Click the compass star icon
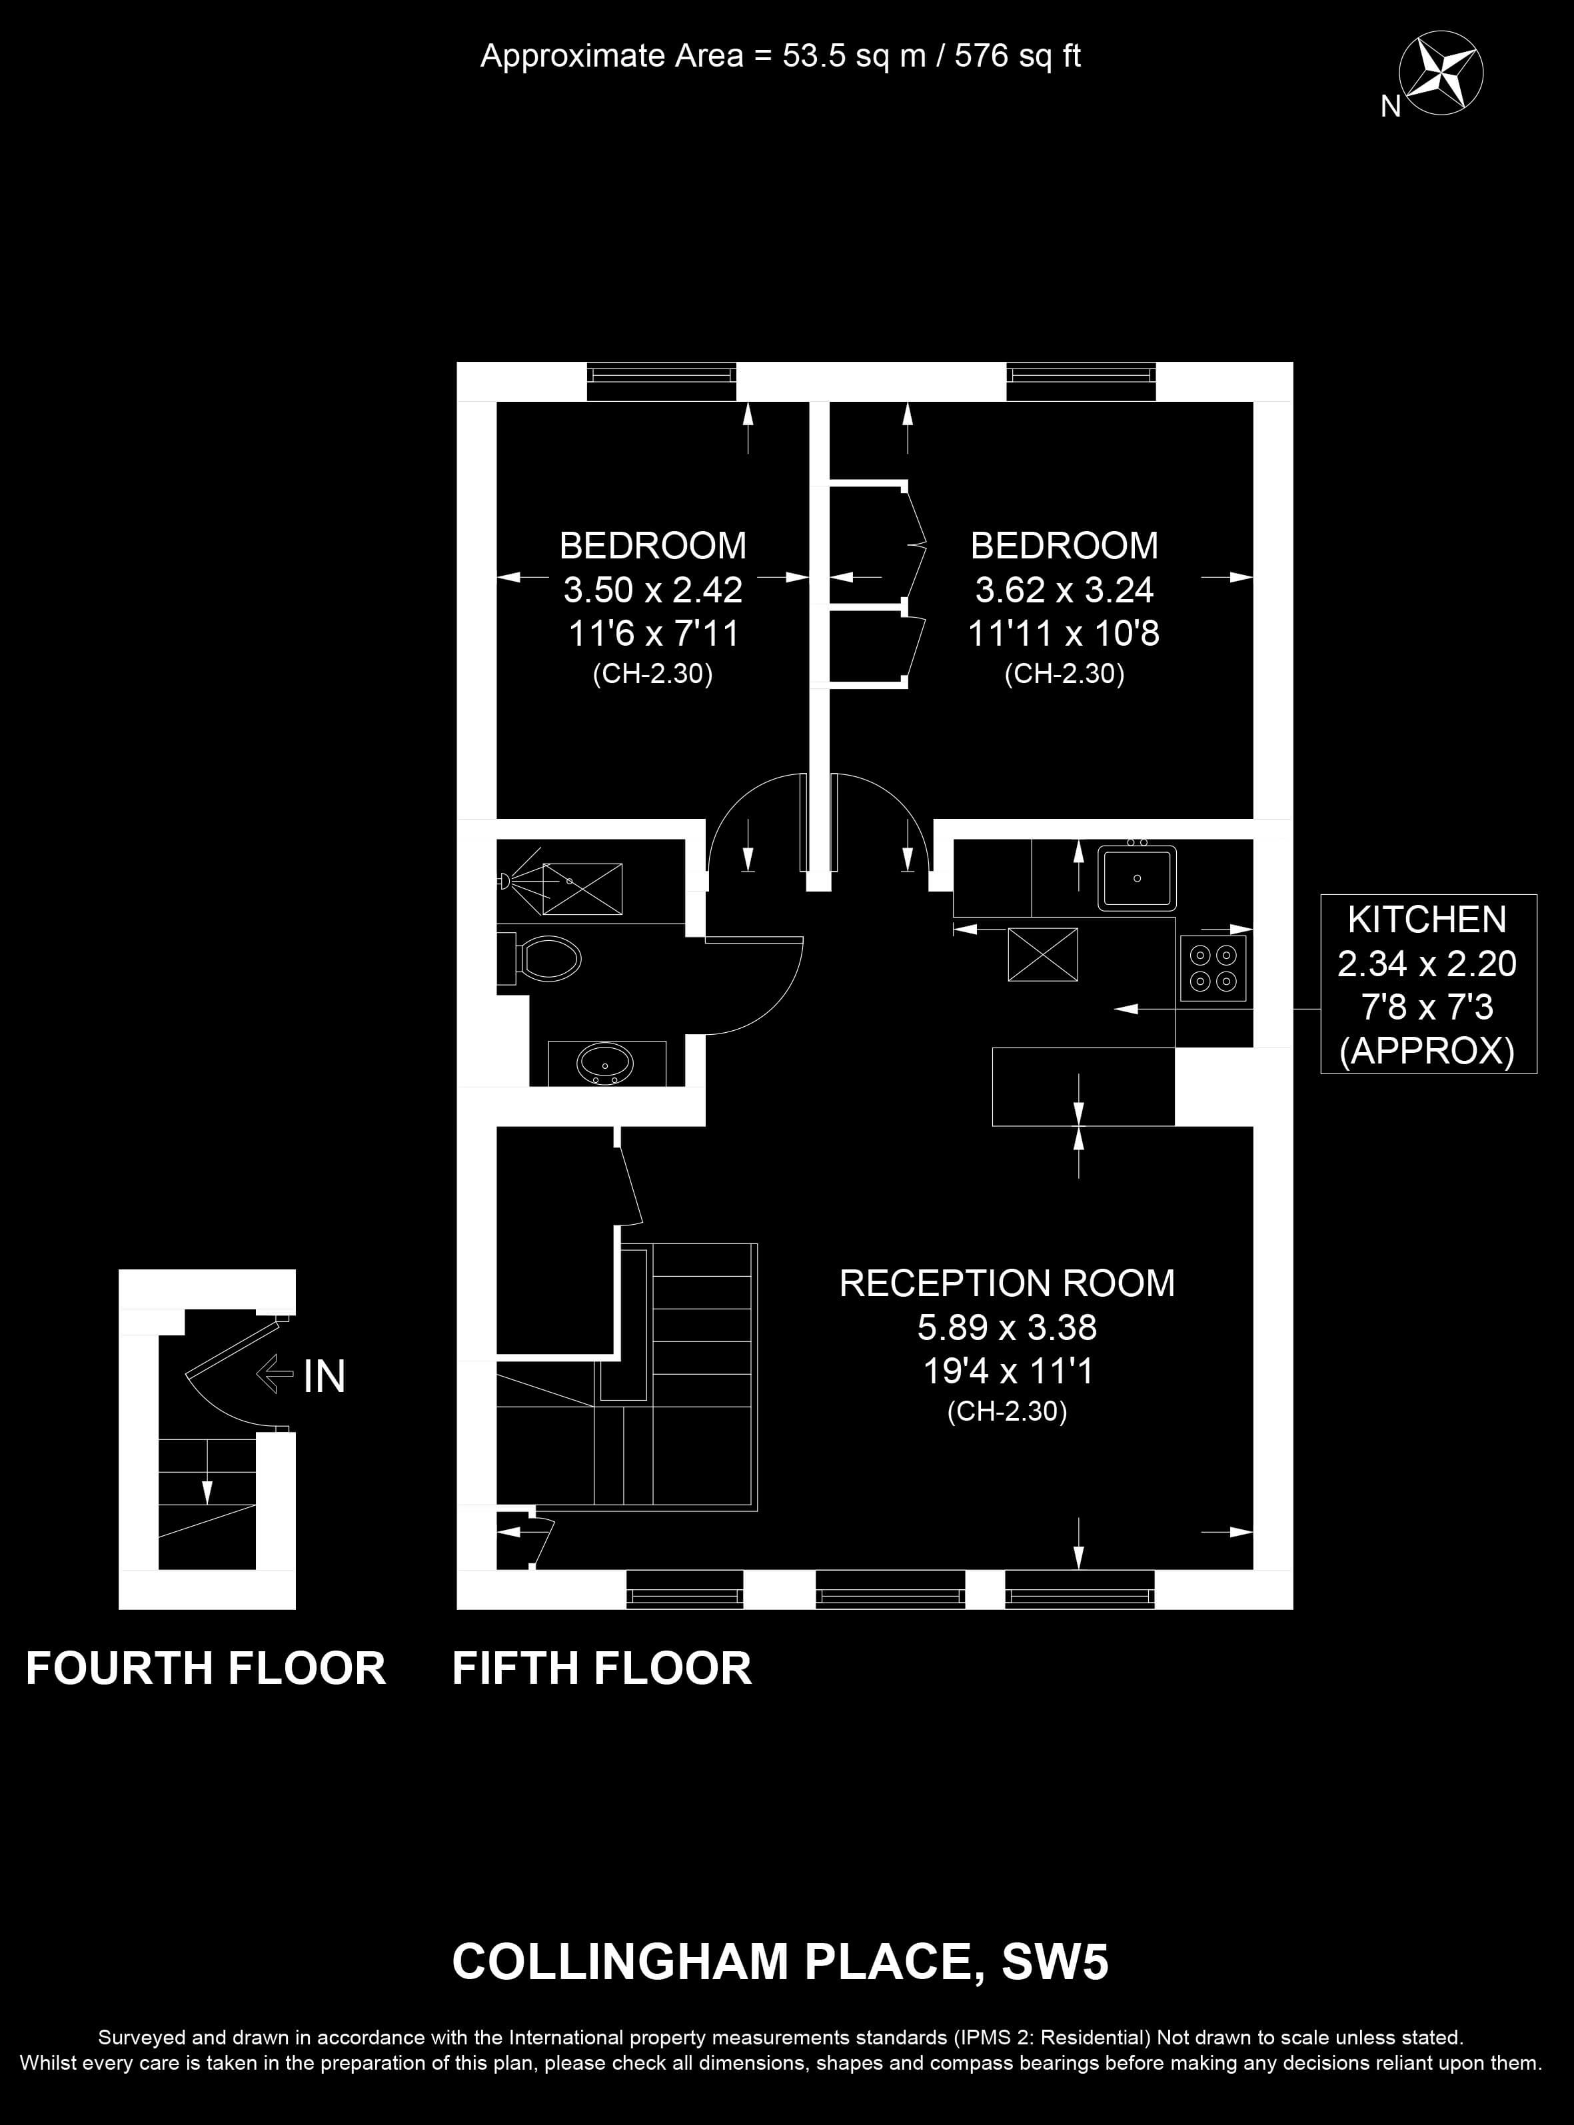[x=1441, y=74]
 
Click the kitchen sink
[x=1137, y=877]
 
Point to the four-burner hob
[x=1213, y=968]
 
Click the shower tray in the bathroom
[x=582, y=889]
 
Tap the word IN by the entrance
[x=324, y=1376]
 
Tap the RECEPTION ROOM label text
[x=1007, y=1283]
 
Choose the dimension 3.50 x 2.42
[x=652, y=590]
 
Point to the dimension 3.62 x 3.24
[x=1064, y=590]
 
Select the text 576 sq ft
[x=1018, y=56]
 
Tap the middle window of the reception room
[x=891, y=1591]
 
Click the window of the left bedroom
[x=661, y=382]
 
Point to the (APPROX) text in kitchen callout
[x=1427, y=1051]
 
